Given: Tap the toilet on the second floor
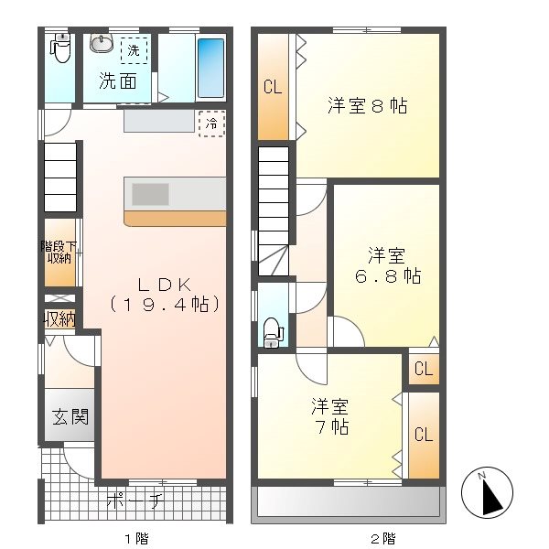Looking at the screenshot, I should [x=272, y=331].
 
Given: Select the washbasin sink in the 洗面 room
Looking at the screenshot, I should [x=101, y=45].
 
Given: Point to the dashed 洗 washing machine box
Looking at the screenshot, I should [x=134, y=49].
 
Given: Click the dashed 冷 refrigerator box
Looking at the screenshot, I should [x=211, y=124].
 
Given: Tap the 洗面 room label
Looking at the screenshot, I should [x=119, y=81].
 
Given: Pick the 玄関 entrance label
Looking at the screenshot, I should [x=70, y=418].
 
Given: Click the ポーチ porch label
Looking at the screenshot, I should [x=135, y=501].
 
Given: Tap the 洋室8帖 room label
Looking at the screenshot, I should [x=367, y=106].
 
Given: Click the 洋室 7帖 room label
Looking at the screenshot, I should [x=330, y=415].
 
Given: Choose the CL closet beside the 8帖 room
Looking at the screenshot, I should [x=272, y=88].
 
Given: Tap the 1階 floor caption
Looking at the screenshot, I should [x=135, y=537].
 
